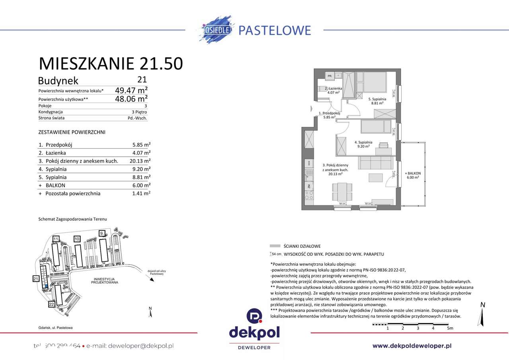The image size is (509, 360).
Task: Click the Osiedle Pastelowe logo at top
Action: click(254, 30)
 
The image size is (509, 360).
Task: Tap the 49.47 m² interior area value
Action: click(131, 90)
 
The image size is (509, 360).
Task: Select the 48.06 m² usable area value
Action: click(131, 98)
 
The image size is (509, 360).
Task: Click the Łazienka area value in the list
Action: click(142, 153)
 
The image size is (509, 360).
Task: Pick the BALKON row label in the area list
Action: click(55, 185)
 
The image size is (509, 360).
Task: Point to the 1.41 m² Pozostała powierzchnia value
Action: click(142, 194)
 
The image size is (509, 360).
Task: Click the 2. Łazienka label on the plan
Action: click(333, 90)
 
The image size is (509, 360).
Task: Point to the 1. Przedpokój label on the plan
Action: click(330, 115)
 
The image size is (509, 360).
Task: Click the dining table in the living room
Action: click(342, 192)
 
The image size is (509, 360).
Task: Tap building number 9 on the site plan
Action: click(102, 233)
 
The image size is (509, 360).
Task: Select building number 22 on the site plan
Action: click(51, 304)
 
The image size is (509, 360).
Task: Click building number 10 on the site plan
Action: click(77, 239)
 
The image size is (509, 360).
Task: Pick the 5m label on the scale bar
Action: click(450, 328)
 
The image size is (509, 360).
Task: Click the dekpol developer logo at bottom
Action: click(254, 329)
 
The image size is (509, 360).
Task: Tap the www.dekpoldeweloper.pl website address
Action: click(412, 346)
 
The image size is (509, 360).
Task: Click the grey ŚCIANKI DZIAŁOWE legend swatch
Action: click(275, 246)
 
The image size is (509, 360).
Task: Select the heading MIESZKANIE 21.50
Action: click(111, 64)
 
